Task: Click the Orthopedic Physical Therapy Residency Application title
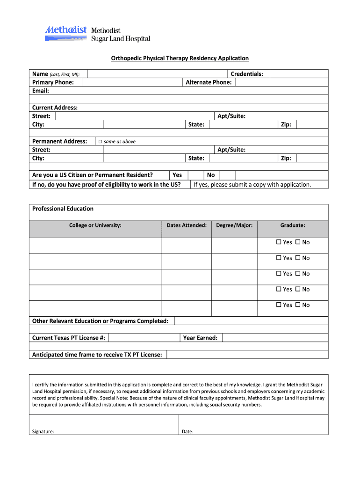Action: (180, 58)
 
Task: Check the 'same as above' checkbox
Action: (100, 142)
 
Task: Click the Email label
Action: (41, 91)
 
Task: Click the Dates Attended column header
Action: (187, 225)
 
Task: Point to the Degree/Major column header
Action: (234, 225)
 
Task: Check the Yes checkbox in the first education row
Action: (279, 242)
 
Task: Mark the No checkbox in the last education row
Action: (297, 305)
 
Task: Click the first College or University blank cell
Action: (95, 245)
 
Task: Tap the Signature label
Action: (43, 432)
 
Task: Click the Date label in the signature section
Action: (187, 432)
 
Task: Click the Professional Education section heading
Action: (63, 209)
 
